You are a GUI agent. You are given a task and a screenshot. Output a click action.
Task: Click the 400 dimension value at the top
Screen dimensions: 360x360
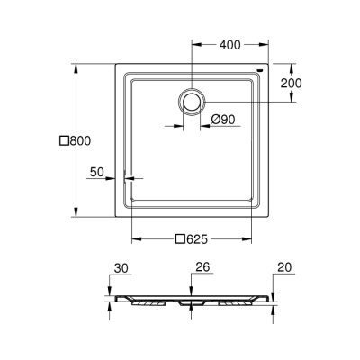pos(230,44)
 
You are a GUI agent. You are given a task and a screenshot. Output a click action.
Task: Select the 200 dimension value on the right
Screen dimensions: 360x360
pos(291,83)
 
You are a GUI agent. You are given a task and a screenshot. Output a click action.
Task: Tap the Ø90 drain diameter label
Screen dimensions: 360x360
pos(225,121)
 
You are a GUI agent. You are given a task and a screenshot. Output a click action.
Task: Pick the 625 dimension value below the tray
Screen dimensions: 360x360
pos(198,239)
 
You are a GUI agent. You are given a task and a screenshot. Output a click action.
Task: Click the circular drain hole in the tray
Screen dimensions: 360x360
pos(191,102)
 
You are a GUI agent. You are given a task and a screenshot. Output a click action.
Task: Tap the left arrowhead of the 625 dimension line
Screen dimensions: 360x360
pos(136,239)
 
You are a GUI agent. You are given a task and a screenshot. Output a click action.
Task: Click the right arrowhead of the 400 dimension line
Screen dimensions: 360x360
pos(267,44)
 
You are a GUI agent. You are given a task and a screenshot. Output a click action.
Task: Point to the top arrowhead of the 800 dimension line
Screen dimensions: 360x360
pos(74,67)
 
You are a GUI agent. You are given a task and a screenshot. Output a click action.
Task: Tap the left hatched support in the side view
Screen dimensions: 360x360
pos(148,302)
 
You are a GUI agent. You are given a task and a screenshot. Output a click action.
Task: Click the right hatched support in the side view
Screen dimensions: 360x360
pos(234,302)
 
